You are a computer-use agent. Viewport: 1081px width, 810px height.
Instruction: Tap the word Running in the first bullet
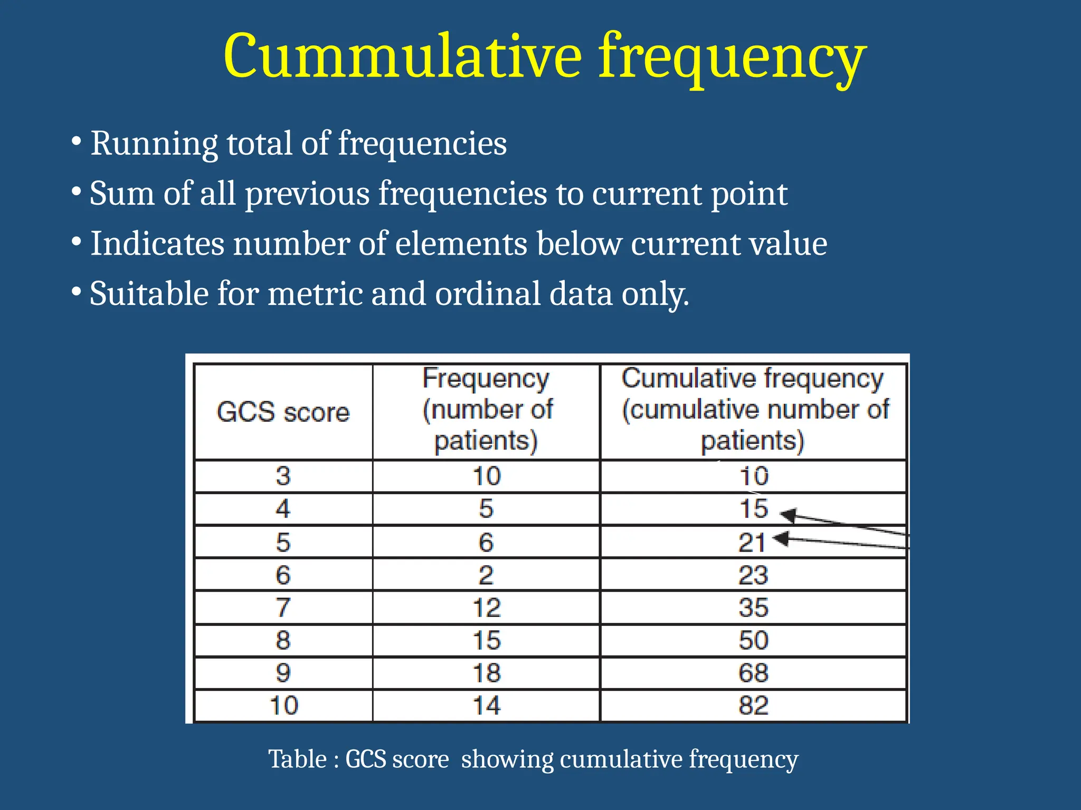[154, 143]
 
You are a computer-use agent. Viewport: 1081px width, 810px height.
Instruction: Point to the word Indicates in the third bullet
[157, 244]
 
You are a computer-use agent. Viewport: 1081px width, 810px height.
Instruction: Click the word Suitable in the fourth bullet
[148, 294]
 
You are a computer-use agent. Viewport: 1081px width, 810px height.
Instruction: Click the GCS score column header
[283, 412]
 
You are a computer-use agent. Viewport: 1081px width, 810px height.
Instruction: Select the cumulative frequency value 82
[753, 706]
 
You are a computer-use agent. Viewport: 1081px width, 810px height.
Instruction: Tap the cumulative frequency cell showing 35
[753, 607]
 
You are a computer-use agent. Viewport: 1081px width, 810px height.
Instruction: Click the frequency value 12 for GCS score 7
[486, 607]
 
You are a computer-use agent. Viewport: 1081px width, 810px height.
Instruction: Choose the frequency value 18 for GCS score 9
[486, 673]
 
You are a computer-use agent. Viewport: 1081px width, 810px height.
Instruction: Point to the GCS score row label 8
[283, 640]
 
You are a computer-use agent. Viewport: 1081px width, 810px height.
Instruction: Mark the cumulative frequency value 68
[753, 673]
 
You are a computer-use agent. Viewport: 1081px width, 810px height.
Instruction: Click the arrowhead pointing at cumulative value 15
[788, 515]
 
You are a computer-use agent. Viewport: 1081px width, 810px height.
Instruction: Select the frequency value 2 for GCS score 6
[486, 575]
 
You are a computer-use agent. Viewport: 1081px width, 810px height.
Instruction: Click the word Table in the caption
[297, 759]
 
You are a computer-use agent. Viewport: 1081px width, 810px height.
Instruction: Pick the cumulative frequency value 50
[753, 640]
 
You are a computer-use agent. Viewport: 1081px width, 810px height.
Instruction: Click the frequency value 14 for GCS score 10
[486, 706]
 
